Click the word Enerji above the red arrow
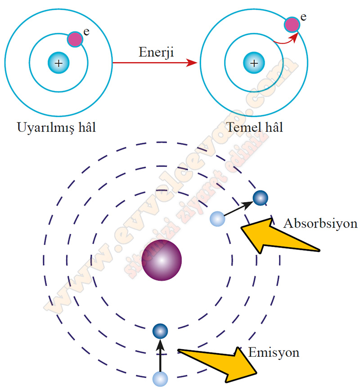[x=155, y=52]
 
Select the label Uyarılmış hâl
[x=57, y=127]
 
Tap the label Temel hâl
[x=254, y=127]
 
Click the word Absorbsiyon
[x=320, y=224]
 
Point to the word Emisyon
[x=274, y=352]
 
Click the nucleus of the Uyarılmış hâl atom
[x=58, y=63]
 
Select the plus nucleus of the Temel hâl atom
[x=254, y=63]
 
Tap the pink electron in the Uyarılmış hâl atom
[x=75, y=39]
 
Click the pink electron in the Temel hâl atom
[x=292, y=25]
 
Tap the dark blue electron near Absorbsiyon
[x=260, y=198]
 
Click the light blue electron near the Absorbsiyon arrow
[x=217, y=219]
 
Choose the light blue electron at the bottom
[x=160, y=379]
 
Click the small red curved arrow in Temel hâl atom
[x=285, y=40]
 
